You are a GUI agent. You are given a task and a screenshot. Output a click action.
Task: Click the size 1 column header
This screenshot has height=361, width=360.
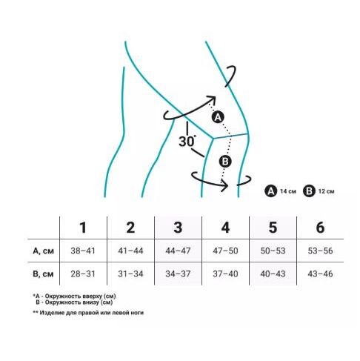[x=83, y=228]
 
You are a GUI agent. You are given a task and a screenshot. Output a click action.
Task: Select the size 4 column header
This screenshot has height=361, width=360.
[x=225, y=228]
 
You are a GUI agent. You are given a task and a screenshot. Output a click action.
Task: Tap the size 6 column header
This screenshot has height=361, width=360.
[x=320, y=228]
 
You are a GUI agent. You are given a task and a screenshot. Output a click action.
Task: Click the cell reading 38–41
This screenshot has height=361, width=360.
[x=83, y=251]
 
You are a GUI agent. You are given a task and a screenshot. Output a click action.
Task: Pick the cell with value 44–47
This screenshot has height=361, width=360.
[x=178, y=251]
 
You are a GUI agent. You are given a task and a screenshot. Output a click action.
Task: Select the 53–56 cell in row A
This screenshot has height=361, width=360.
[x=320, y=251]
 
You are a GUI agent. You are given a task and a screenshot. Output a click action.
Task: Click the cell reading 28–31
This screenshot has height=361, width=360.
[x=83, y=274]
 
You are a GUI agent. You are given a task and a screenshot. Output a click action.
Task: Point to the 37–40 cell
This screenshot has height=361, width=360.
[x=225, y=274]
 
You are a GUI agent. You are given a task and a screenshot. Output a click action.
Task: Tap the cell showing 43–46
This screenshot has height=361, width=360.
[x=320, y=274]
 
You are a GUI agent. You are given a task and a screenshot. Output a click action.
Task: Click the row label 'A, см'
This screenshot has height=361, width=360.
[x=43, y=251]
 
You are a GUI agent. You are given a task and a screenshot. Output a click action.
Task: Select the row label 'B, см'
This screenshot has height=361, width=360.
[x=43, y=274]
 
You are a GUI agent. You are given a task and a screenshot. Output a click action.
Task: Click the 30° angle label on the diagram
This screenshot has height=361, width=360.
[x=187, y=142]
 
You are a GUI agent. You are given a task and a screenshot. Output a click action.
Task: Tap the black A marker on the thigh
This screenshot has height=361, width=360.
[x=218, y=117]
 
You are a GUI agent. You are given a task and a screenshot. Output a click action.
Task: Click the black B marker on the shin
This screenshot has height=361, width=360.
[x=225, y=162]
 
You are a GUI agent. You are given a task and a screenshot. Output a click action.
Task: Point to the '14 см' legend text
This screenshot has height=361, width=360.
[x=288, y=191]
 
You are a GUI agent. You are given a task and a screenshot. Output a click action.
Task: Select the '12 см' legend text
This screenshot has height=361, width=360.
[x=326, y=191]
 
